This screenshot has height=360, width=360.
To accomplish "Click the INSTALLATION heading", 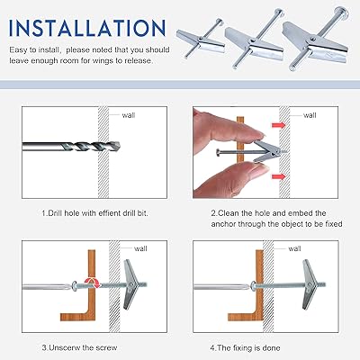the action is (87, 28).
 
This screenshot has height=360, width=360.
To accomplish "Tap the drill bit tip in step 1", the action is (120, 147).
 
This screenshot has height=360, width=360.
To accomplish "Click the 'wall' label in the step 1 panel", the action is (129, 115).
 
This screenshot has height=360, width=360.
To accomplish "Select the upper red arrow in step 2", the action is (278, 124).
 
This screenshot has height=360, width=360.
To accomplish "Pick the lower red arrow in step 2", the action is (278, 176).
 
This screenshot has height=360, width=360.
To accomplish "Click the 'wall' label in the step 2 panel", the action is (310, 115).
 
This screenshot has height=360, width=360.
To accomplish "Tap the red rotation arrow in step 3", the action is (93, 283).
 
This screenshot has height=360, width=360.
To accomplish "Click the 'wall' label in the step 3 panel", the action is (140, 248).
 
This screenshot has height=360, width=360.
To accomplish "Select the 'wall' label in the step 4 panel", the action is (294, 248).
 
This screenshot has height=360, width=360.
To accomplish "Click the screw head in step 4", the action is (254, 286).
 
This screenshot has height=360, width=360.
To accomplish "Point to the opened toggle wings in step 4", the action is (309, 284).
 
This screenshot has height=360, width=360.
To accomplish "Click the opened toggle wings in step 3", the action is (131, 284).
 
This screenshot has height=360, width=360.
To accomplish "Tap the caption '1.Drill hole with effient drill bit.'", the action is (94, 213).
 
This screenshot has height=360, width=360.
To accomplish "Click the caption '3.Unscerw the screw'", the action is (79, 348).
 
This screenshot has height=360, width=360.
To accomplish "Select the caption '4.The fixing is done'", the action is (245, 348).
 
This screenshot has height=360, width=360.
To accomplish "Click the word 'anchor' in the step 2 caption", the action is (223, 224).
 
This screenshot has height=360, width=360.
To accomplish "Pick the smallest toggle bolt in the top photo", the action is (201, 40).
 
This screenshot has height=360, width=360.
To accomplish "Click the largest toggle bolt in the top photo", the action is (316, 39).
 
